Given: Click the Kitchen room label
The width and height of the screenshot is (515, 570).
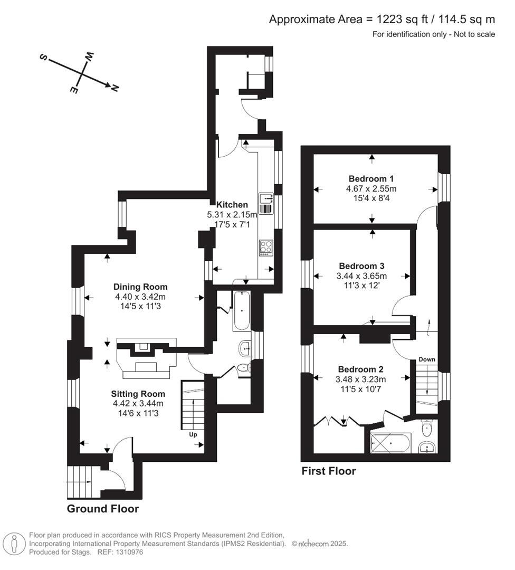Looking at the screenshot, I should tap(232, 205).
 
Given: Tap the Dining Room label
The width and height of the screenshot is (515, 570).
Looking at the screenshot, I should tap(140, 287).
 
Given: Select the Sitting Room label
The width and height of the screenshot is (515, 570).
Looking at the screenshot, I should tap(138, 394).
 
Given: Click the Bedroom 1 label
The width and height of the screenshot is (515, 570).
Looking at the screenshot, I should tap(371, 178).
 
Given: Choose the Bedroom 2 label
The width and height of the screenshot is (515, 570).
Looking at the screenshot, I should tap(361, 369).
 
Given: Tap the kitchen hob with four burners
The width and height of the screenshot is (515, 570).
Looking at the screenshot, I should tap(265, 248).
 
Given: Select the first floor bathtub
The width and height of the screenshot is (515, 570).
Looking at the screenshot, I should tap(390, 443).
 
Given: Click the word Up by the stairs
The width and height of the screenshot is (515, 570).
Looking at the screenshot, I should tap(193, 435).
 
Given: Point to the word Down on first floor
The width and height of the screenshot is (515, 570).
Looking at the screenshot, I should tap(427, 359).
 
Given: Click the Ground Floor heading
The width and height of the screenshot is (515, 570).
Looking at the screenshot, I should tap(103, 509).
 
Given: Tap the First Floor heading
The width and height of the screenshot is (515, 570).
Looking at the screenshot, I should tap(329, 471).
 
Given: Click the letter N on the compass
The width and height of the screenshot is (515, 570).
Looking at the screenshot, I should tap(114, 88).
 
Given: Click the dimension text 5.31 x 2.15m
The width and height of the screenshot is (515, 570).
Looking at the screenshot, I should tap(232, 215).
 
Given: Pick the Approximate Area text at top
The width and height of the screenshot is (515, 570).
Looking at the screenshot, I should tap(382, 20).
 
